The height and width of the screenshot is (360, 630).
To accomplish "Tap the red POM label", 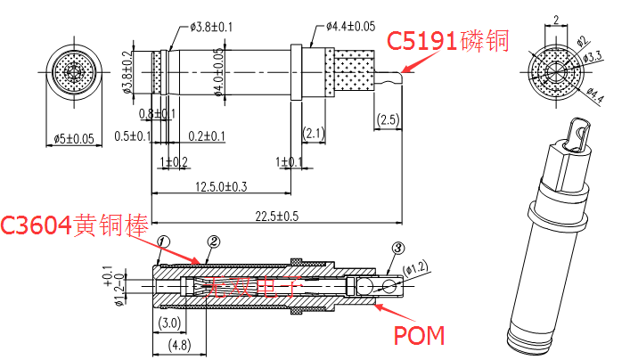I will [x=419, y=335].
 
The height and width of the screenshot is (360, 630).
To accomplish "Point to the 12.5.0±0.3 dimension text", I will [x=219, y=185].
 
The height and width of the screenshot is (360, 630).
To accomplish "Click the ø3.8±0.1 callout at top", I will [x=211, y=27].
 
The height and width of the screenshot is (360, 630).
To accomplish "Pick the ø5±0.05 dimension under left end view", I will [x=73, y=138].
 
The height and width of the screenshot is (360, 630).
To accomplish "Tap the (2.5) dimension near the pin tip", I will [x=388, y=119].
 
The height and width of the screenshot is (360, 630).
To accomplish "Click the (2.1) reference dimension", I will [x=314, y=134].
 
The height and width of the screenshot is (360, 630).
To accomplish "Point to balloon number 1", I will [x=163, y=241].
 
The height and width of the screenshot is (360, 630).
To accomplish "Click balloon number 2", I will [x=213, y=241].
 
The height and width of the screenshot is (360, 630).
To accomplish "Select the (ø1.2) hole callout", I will [x=414, y=267].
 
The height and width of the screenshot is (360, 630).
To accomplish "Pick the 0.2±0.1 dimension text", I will [x=207, y=135].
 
